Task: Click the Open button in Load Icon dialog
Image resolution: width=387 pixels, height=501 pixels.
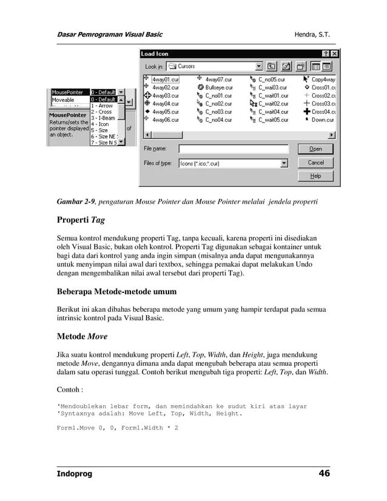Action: (315, 149)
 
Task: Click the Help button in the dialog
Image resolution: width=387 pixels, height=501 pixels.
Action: (315, 176)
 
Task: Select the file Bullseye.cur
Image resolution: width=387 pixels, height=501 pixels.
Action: (218, 87)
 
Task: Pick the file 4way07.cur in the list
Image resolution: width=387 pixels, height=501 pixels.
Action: (218, 79)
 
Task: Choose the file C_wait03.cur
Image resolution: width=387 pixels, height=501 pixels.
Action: (272, 87)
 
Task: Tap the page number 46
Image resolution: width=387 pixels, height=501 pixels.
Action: (324, 474)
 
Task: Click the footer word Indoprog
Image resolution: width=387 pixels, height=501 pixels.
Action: (74, 474)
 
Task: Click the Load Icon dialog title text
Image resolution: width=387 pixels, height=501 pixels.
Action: (155, 54)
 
